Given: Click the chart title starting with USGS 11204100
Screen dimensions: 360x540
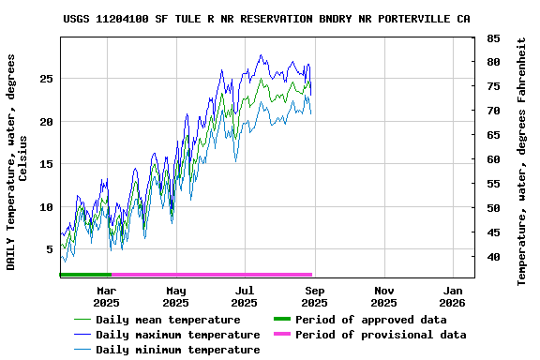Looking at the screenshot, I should (x=267, y=19).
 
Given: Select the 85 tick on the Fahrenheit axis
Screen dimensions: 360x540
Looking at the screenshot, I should (x=493, y=38).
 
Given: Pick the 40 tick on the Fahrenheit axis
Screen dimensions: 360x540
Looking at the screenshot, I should (x=493, y=257).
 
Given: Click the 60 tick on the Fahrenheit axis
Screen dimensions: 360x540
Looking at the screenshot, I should (x=493, y=159).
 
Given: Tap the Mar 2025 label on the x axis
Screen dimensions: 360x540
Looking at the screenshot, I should (x=106, y=296).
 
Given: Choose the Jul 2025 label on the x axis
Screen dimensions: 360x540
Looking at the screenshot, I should (x=245, y=296).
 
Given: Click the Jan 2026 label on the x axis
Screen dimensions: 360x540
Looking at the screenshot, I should (x=453, y=296).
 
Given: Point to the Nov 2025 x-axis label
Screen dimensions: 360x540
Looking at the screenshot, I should (x=383, y=296).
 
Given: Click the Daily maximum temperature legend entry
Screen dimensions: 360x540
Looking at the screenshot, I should (x=177, y=335).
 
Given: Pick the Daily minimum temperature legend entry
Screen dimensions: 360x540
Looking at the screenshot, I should (x=177, y=350).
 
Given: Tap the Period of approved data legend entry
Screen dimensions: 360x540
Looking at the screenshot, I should (x=370, y=320).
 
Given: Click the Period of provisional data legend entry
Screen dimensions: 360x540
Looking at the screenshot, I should (x=380, y=335).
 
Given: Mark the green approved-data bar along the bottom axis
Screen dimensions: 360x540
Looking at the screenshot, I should (x=85, y=275).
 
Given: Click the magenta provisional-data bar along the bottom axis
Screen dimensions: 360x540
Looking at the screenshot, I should (x=212, y=275).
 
